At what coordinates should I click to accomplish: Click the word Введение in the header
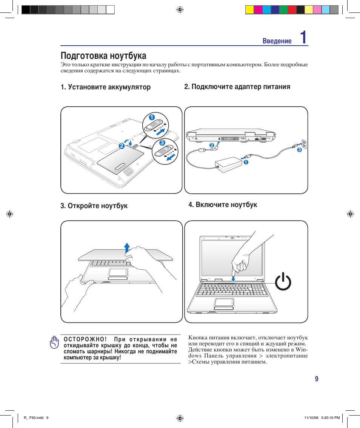tap(277, 41)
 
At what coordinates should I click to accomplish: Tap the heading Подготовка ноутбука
tap(103, 56)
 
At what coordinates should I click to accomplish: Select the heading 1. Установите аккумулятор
tap(106, 87)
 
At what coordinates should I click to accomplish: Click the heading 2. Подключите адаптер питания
tap(237, 87)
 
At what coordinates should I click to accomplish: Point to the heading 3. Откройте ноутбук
tap(94, 206)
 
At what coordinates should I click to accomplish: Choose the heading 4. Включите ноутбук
tap(223, 205)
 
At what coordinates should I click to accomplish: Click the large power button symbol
tap(283, 283)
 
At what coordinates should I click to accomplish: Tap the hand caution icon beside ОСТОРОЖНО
tap(54, 342)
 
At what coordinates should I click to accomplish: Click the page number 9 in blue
tap(317, 379)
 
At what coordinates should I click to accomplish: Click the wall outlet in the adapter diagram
tap(304, 144)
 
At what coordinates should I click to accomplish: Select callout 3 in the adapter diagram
tap(299, 150)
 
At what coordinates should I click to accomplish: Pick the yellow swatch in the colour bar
tap(249, 10)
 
